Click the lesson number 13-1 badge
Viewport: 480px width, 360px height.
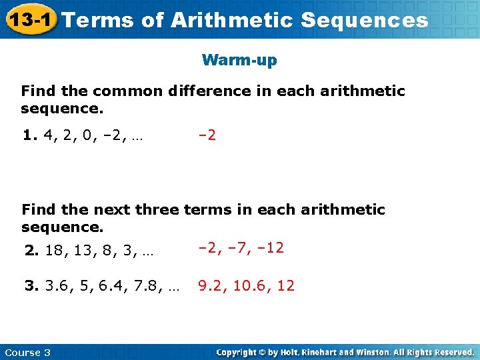point(31,19)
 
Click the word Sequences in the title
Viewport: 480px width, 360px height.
point(364,20)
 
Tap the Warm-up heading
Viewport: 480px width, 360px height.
point(239,61)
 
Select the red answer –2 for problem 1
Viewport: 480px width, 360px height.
point(207,135)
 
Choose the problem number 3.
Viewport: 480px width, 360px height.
point(31,287)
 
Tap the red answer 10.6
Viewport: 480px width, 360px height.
point(250,286)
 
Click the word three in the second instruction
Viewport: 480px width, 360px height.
point(157,209)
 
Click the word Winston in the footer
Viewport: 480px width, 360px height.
point(377,352)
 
